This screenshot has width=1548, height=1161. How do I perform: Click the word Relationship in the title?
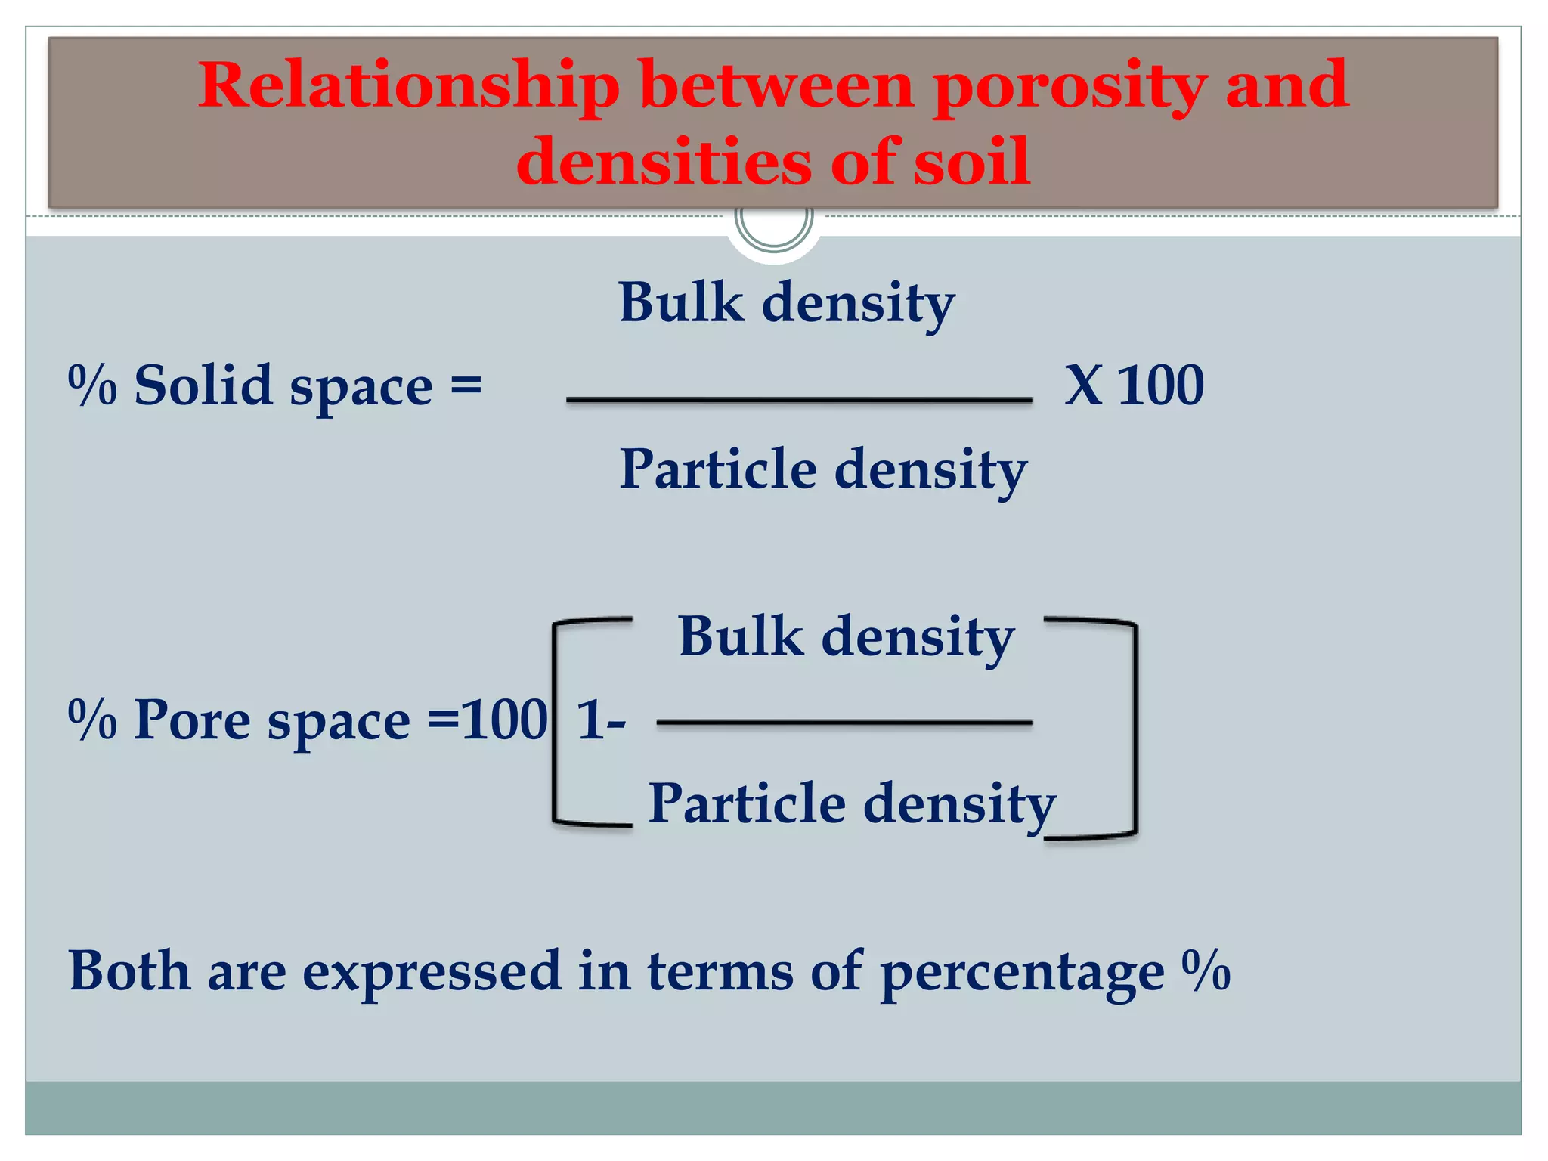point(408,85)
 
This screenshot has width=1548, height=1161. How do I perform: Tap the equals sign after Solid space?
point(466,385)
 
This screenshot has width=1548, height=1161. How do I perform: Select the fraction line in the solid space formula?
point(799,399)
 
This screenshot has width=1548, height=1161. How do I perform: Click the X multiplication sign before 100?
point(1083,385)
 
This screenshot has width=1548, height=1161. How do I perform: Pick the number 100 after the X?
point(1160,385)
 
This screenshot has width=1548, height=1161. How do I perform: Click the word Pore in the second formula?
point(192,720)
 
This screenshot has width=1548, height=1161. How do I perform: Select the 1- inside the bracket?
point(601,720)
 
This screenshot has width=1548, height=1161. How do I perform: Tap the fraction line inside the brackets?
point(844,723)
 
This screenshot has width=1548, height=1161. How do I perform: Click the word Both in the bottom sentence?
point(129,971)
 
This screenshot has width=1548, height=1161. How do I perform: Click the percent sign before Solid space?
point(92,385)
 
